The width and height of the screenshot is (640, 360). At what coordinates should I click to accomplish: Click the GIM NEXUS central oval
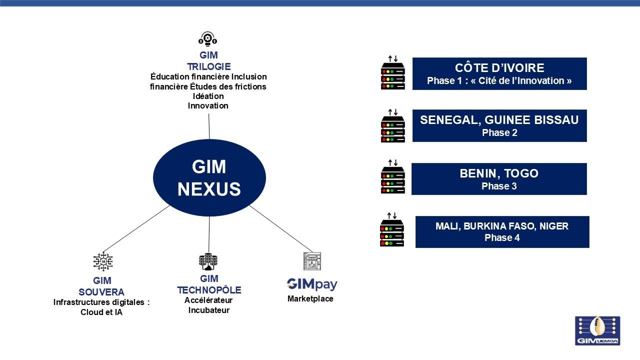pos(209,177)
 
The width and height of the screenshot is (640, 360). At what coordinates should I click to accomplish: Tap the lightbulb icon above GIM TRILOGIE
pos(208,39)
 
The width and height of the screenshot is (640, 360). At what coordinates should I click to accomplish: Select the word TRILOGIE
pos(208,66)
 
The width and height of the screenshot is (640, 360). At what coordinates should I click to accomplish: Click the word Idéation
pos(208,96)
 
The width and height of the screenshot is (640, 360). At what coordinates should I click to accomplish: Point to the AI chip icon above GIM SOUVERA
pos(103,261)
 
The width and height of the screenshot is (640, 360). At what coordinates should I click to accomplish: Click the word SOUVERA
pos(101,292)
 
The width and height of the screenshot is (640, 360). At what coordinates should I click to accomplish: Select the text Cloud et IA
pos(101,312)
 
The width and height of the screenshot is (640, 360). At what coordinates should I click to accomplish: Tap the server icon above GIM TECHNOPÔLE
pos(208,261)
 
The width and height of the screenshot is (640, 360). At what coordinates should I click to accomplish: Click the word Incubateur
pos(208,310)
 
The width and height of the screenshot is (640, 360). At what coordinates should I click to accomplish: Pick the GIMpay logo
pos(312,284)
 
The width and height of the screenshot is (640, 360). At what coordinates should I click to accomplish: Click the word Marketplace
pos(310,299)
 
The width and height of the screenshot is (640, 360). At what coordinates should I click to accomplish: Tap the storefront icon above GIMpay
pos(312,261)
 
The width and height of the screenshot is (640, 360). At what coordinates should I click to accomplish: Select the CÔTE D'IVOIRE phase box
pos(499,74)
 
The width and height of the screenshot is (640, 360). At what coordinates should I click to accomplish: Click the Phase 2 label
pos(499,133)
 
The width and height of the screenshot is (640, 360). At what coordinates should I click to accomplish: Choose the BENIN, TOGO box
pos(498,179)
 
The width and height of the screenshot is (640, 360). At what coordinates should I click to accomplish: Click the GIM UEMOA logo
pos(597,330)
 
